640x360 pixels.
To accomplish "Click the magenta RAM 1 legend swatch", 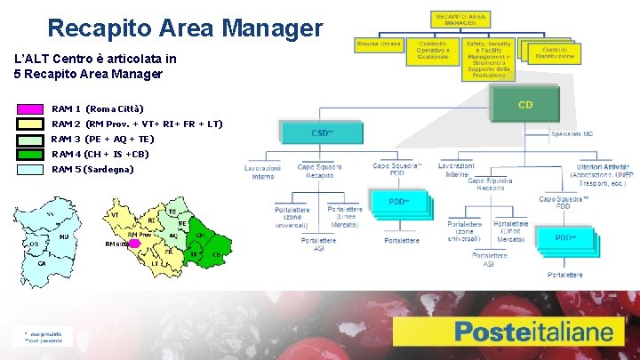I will (30, 109).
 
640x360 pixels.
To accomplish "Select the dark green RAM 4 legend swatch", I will (30, 154).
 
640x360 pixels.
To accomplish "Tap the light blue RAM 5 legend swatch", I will (30, 169).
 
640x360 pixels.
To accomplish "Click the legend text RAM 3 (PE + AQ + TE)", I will (102, 139).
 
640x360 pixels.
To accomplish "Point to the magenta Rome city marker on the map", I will (134, 243).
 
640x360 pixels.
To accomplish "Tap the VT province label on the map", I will (116, 215).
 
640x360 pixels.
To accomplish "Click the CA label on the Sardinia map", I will (42, 263).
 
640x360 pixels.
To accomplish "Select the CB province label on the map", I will (217, 255).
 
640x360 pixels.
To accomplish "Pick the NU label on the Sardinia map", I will (64, 237).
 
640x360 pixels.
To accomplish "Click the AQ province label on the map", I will (173, 236).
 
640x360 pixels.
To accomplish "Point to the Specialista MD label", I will (572, 134).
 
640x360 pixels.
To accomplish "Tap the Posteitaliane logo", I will (533, 333).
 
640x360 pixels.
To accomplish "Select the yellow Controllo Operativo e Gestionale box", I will (433, 52).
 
